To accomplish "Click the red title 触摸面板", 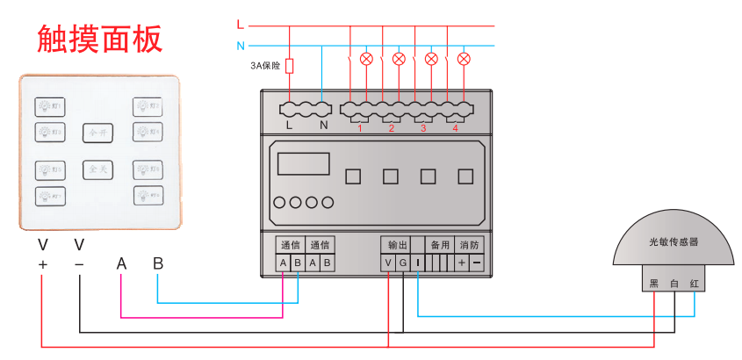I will pos(99,40).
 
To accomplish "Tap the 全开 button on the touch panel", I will pos(97,133).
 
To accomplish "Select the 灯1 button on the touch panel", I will pos(48,107).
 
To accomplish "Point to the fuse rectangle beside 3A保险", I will pos(291,66).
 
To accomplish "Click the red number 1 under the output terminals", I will pos(360,129).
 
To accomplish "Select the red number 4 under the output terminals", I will pos(455,129).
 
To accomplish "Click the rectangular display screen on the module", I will pos(303,164).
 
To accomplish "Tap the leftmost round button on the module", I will pos(280,203).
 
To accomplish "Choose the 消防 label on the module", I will pos(469,245).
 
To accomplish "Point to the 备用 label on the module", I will pos(439,245).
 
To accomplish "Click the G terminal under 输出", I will pos(403,263).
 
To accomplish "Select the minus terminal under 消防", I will pos(476,263).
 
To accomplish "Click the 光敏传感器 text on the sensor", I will pos(674,241).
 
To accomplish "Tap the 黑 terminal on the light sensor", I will pos(652,284).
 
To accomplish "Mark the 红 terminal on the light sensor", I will pos(695,284).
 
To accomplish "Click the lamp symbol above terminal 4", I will pos(464,60).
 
